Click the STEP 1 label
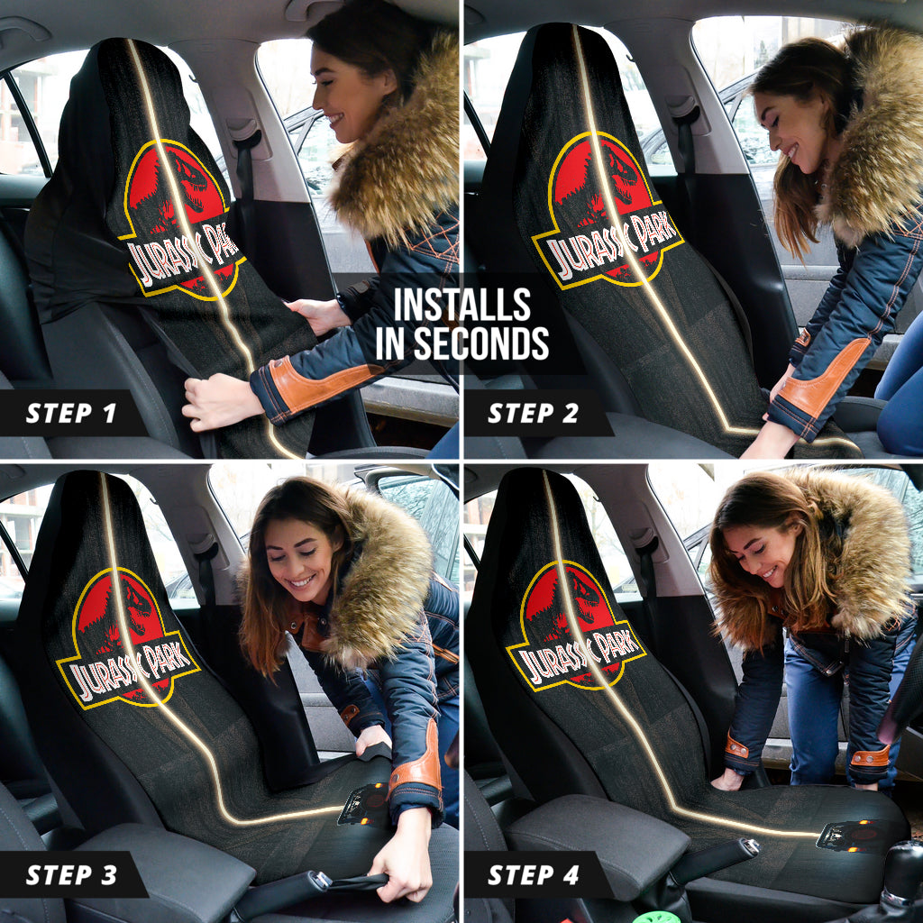[x=71, y=414]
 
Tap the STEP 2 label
[x=534, y=414]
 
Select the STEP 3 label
[x=71, y=874]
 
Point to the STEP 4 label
[x=534, y=874]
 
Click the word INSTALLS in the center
[x=461, y=306]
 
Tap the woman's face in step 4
[x=756, y=549]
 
